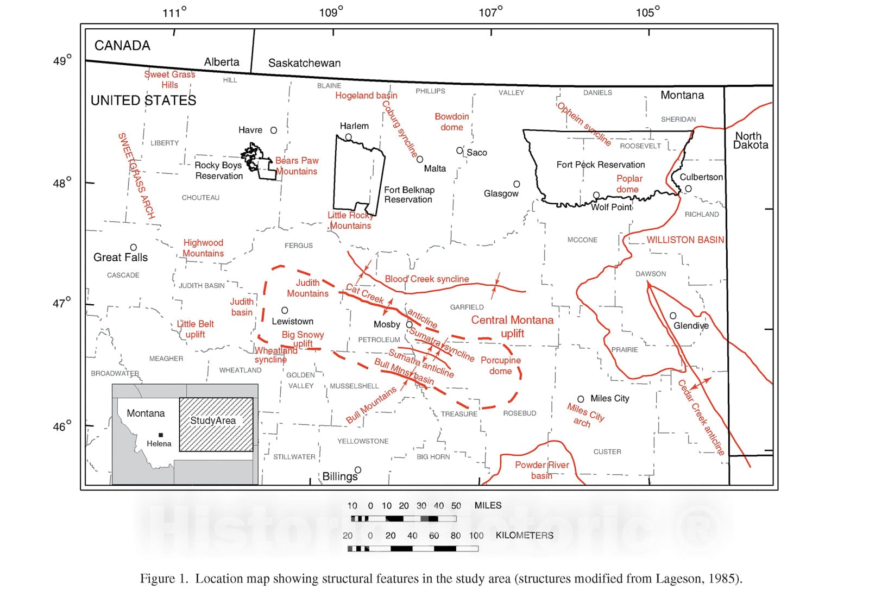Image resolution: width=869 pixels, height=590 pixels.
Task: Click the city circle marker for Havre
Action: [274, 130]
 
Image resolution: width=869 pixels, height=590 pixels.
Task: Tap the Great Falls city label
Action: [121, 258]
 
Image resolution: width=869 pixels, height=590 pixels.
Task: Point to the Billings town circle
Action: [358, 470]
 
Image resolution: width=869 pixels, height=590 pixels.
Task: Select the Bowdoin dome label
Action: [452, 122]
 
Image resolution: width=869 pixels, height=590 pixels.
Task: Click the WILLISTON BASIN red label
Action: [685, 240]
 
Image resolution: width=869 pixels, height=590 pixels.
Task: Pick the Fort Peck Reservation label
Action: [601, 165]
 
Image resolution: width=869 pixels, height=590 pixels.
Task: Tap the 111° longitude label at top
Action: [174, 12]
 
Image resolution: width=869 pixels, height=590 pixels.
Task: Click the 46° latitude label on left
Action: [62, 426]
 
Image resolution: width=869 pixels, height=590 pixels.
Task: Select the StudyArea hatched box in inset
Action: [216, 425]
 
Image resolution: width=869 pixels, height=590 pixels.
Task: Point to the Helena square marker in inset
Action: [161, 435]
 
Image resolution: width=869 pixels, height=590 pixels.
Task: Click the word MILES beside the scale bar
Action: [488, 505]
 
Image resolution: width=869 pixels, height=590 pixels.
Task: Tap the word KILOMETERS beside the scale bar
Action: [524, 535]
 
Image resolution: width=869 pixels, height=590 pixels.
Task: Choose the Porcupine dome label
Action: [501, 366]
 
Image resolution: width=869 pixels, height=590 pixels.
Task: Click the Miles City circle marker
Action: [581, 399]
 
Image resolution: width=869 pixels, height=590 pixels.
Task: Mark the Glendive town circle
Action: [673, 316]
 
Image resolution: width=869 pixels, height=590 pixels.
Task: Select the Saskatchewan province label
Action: [304, 63]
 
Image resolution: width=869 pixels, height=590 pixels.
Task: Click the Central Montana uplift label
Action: [512, 327]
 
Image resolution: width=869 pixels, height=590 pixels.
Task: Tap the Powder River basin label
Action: [542, 470]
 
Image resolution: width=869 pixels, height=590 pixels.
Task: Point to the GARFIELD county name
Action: [467, 307]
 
